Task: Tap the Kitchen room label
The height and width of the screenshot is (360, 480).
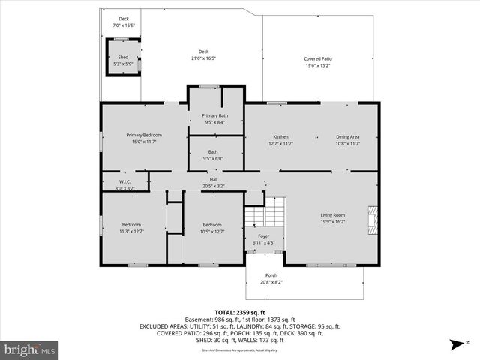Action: coord(280,137)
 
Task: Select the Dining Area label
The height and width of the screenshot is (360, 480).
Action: coord(348,137)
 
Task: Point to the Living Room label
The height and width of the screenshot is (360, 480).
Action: coord(333,215)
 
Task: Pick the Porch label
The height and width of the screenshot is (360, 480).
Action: coord(271,276)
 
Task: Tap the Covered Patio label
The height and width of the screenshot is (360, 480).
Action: coord(318,58)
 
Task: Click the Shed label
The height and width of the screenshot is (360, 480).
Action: coord(123,58)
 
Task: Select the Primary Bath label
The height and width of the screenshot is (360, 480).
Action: coord(215,115)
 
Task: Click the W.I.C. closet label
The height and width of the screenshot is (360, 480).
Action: coord(126,182)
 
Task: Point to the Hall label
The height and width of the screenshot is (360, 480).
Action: coord(214,180)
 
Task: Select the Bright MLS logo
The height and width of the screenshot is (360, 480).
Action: coord(30,349)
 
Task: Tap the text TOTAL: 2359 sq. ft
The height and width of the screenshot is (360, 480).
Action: coord(240,312)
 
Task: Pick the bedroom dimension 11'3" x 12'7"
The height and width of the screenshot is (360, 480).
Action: coord(132,232)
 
